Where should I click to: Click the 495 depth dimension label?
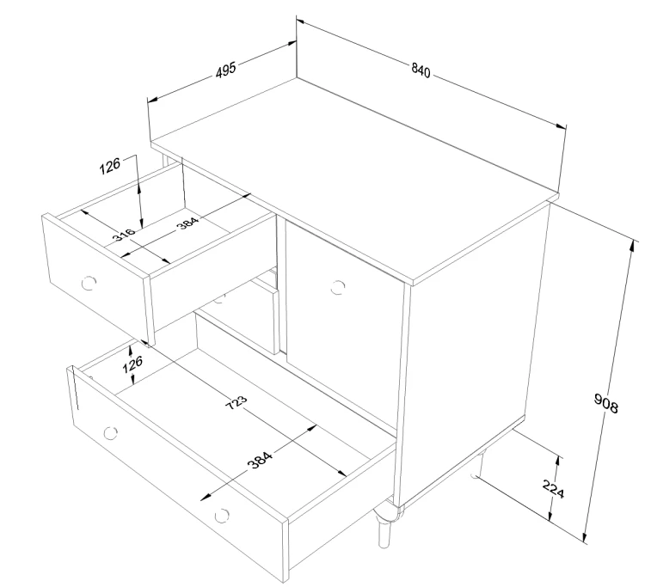click(226, 70)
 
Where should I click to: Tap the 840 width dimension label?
click(421, 70)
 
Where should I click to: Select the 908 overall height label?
click(606, 403)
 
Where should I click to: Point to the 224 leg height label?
click(553, 488)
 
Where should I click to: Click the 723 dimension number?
click(236, 402)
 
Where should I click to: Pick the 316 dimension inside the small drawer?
click(124, 235)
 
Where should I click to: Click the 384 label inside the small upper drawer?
click(187, 223)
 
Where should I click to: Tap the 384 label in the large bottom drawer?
click(260, 461)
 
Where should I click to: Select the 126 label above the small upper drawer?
click(110, 166)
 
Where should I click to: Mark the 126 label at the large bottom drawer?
click(132, 364)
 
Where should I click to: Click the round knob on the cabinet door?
click(337, 287)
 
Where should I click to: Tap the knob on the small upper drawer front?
click(89, 283)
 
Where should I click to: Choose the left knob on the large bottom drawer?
click(110, 433)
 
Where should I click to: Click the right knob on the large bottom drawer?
click(222, 516)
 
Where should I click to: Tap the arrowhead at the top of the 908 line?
click(632, 245)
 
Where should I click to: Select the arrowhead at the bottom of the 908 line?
click(584, 536)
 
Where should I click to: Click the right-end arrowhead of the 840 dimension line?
click(561, 126)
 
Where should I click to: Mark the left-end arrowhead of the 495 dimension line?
click(152, 100)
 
